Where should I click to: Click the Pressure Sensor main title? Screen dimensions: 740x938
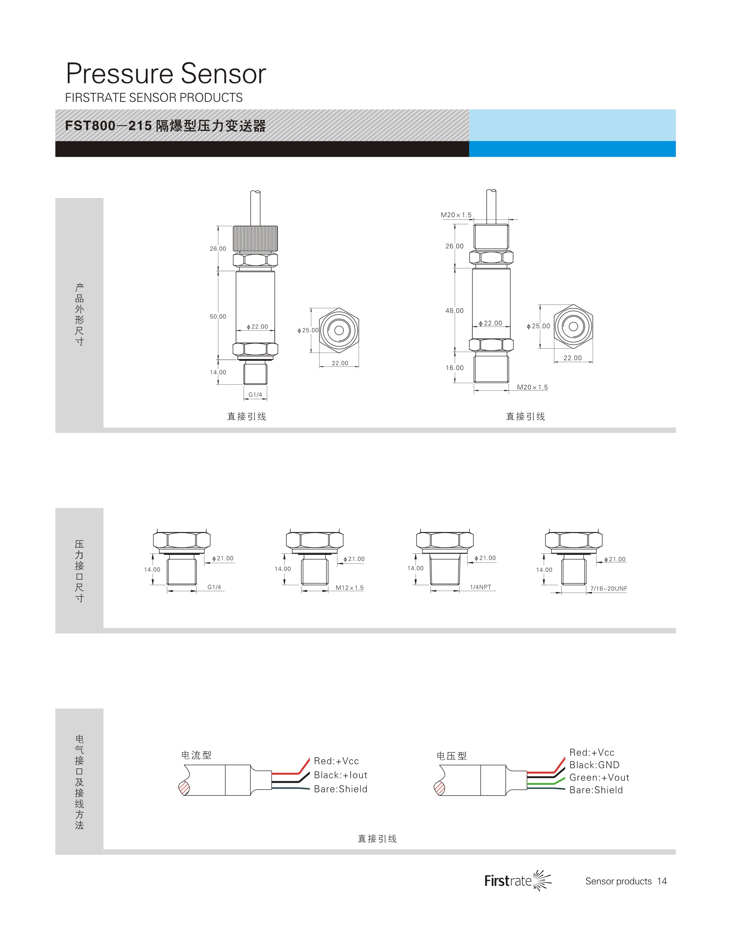(x=166, y=74)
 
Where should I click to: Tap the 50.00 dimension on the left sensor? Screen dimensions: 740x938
(x=218, y=317)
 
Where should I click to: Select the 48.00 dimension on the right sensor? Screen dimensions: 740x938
(x=455, y=311)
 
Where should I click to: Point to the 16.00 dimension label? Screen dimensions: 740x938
(x=455, y=368)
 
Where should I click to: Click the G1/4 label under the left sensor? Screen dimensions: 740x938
(x=255, y=395)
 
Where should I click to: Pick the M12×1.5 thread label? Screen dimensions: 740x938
(x=350, y=588)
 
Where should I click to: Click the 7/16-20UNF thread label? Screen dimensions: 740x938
(x=609, y=589)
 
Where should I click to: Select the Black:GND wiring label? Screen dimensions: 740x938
(x=595, y=765)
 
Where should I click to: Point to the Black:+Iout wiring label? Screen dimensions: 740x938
(x=341, y=775)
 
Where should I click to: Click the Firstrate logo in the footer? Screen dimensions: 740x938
(x=518, y=880)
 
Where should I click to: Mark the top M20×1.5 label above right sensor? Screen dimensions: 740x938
(x=456, y=215)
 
